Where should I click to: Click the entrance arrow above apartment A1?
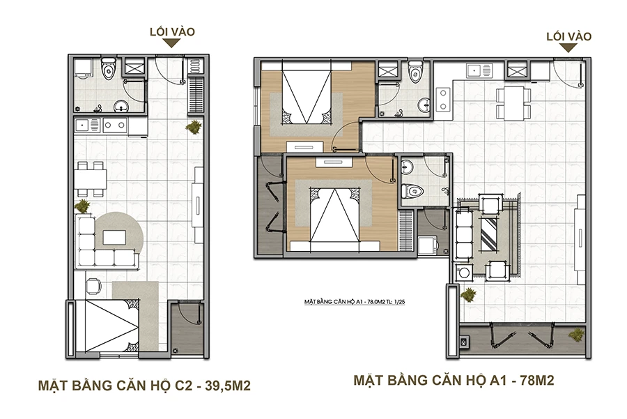[568, 48]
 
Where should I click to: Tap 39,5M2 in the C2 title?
[228, 386]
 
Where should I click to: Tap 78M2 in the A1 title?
[537, 380]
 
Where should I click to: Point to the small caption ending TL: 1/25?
[355, 302]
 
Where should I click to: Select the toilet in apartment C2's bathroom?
[108, 68]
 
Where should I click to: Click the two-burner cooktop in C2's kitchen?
[115, 125]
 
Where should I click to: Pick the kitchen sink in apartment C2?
[87, 125]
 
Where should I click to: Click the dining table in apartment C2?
[90, 178]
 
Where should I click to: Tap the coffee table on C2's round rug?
[115, 237]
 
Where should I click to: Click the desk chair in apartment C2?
[93, 287]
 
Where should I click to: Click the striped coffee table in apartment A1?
[489, 234]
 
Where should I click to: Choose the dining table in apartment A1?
[514, 103]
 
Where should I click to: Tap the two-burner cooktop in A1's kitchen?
[443, 99]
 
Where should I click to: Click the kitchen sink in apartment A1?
[479, 71]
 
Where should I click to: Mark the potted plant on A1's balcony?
[576, 334]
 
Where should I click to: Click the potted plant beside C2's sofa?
[83, 206]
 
